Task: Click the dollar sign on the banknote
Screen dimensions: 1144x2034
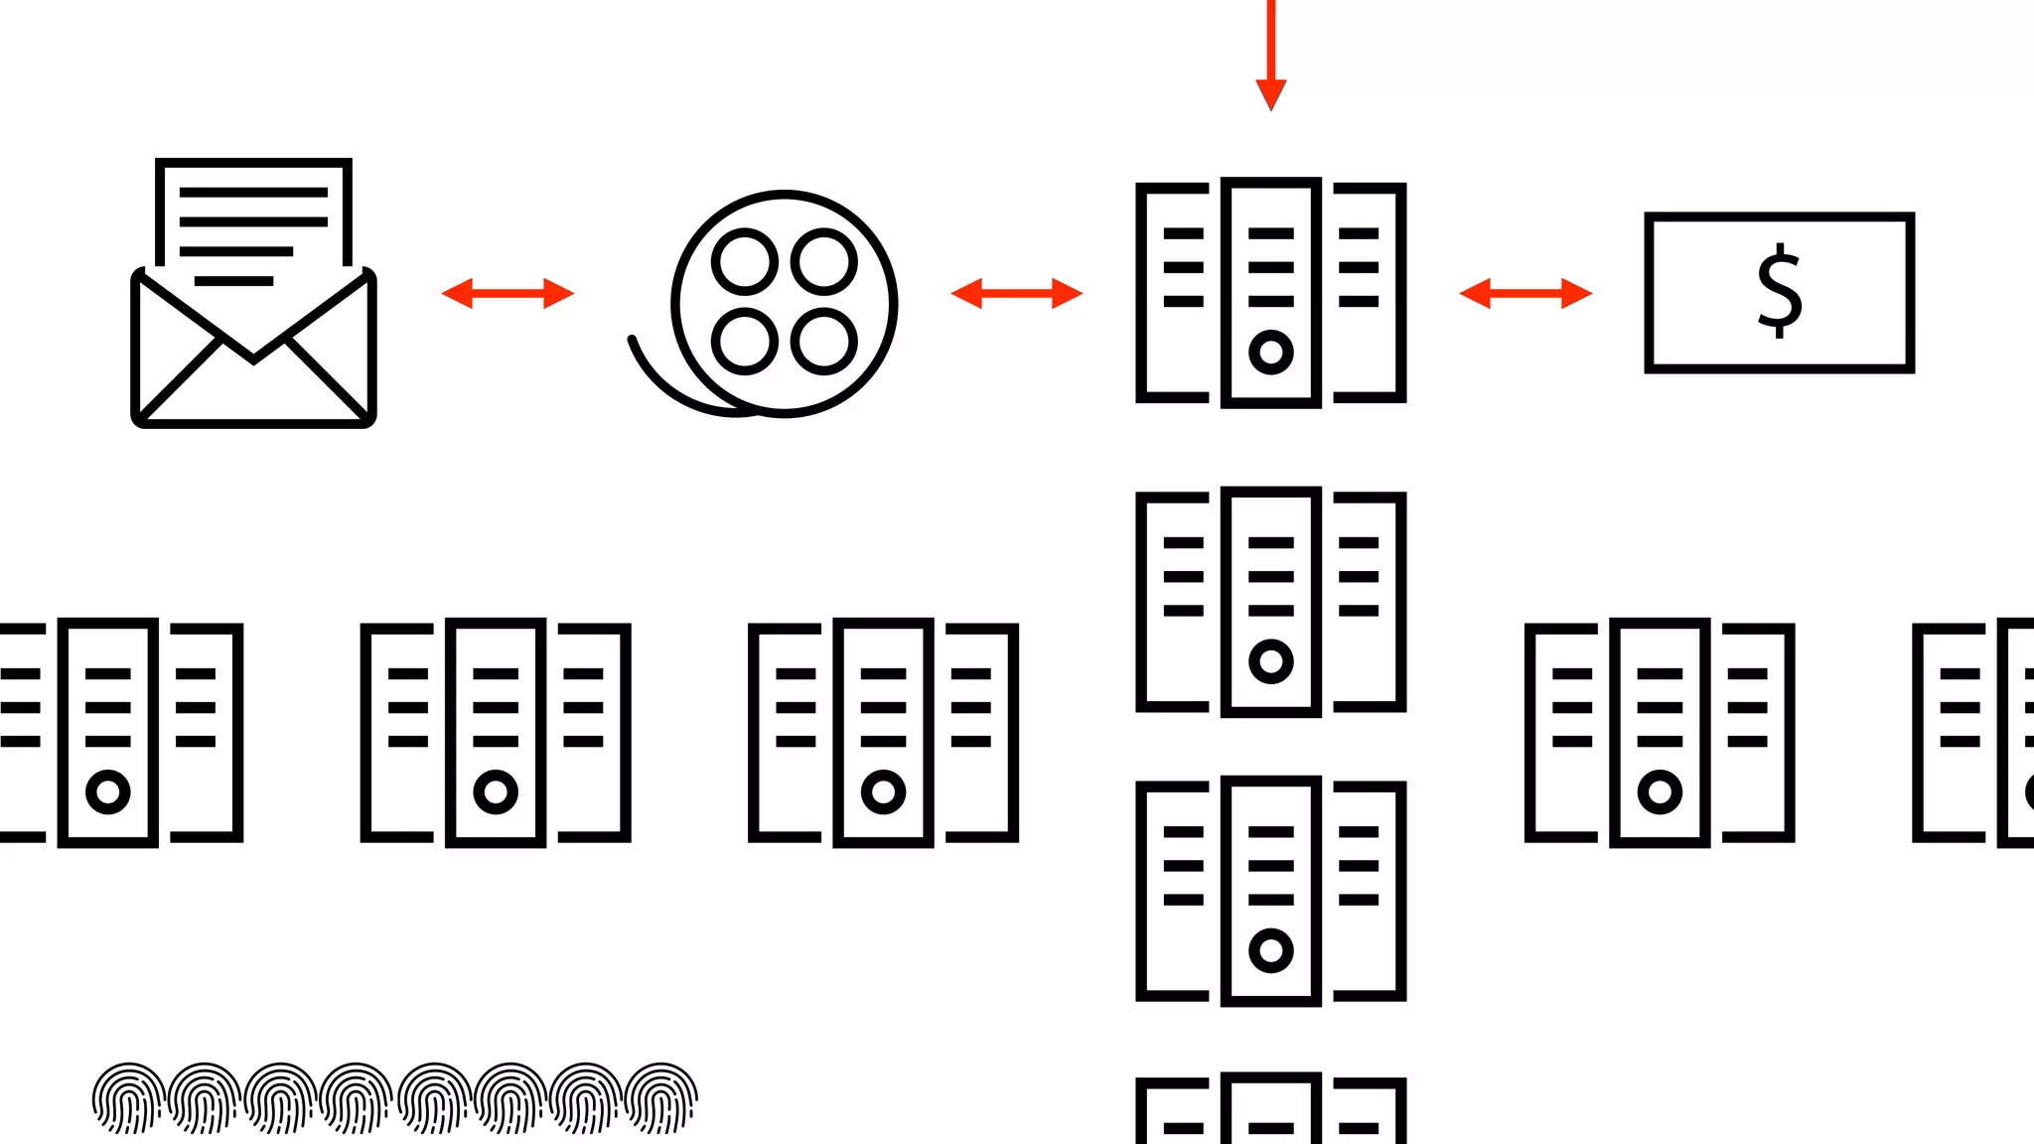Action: pos(1779,291)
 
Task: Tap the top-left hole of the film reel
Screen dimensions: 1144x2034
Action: pos(744,262)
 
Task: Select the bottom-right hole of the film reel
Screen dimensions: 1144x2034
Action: pos(823,342)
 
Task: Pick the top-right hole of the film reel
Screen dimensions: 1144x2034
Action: pos(823,262)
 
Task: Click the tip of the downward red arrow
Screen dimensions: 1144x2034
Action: pos(1270,103)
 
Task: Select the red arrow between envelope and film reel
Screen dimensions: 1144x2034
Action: pos(508,293)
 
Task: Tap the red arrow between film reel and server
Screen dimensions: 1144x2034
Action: pos(1016,293)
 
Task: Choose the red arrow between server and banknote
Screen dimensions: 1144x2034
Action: pos(1525,293)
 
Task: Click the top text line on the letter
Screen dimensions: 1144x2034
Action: pos(253,193)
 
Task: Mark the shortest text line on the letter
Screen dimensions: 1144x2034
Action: pos(233,281)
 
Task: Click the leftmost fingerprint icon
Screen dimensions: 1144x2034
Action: pos(128,1098)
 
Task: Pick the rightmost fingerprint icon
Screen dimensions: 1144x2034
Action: pos(662,1098)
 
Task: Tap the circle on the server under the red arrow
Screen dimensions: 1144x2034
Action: pos(1270,352)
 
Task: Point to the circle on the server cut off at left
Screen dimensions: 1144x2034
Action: pos(108,791)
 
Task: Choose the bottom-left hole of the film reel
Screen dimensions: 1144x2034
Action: pos(744,342)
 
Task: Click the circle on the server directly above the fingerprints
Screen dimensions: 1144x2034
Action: pos(496,791)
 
